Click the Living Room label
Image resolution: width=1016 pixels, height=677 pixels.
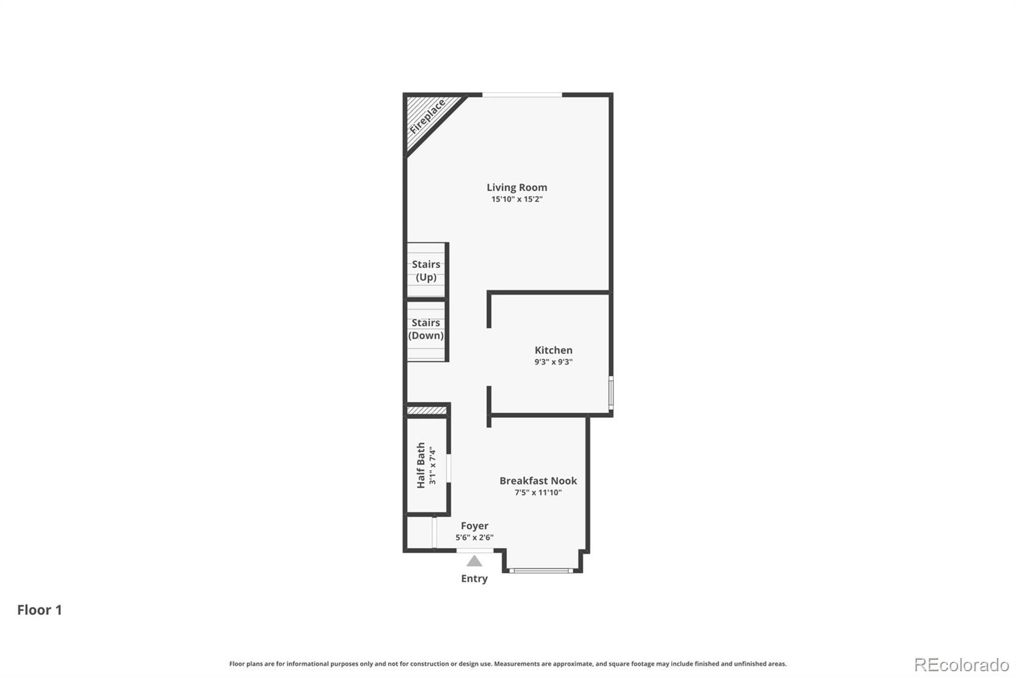(x=516, y=187)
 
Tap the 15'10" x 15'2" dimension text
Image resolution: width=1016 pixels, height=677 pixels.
(x=516, y=199)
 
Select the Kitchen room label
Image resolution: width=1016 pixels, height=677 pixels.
(x=553, y=350)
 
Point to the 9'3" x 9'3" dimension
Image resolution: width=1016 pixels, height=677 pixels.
(x=553, y=362)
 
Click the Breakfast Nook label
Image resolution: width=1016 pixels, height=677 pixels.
(x=538, y=481)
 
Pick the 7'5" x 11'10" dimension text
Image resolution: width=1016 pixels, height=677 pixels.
(x=538, y=493)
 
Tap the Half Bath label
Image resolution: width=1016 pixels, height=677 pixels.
(x=420, y=466)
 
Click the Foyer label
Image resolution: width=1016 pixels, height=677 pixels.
(x=474, y=526)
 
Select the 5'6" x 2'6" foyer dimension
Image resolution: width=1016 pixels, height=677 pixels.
(x=474, y=538)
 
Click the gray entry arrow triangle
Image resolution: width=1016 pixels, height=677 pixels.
(x=474, y=561)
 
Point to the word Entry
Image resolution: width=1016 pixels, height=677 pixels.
(x=474, y=579)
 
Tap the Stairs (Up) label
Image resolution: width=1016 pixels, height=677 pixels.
(x=426, y=271)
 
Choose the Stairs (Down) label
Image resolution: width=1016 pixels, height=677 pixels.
(x=426, y=329)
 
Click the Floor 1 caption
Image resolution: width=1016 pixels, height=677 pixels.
(x=39, y=610)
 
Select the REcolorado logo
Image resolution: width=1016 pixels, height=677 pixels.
(x=961, y=665)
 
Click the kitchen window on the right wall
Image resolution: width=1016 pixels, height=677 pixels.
(x=611, y=392)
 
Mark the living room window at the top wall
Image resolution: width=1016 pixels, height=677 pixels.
(x=522, y=95)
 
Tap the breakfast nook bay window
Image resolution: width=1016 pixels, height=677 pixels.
(x=542, y=570)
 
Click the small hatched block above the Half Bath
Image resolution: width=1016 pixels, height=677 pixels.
(x=427, y=411)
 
